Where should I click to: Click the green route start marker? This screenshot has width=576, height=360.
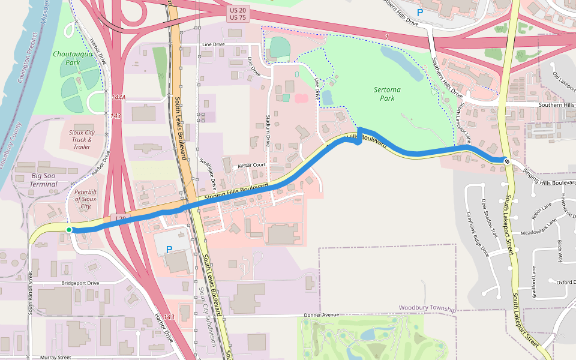(69, 230)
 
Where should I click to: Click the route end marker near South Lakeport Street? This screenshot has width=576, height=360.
(507, 161)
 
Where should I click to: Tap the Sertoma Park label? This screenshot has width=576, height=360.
(387, 94)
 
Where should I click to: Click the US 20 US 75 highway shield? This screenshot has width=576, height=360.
(238, 14)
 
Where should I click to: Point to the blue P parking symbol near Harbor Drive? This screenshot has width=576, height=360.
(169, 249)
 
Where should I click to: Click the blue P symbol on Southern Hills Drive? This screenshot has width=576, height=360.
(420, 11)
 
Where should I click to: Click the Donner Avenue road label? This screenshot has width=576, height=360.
(322, 314)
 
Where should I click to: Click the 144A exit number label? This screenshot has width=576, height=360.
(118, 97)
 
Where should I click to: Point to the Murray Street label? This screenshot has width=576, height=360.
(56, 357)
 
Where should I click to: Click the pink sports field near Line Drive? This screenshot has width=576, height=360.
(302, 98)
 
